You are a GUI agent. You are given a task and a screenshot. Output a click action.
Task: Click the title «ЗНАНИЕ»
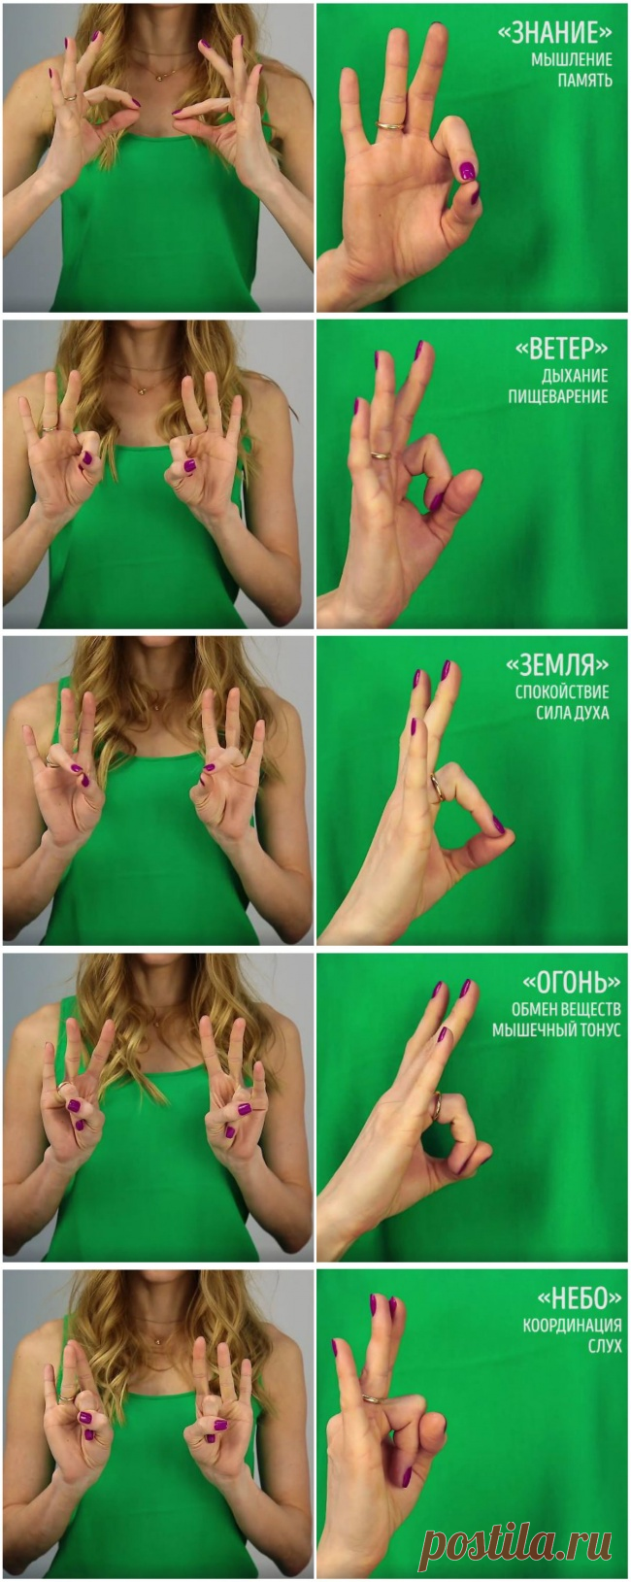point(554,32)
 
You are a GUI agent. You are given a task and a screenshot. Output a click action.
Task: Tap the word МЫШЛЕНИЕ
point(572,60)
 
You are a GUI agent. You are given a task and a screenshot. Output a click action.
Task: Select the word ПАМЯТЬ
point(585,80)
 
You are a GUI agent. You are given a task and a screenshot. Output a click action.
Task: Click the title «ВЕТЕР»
point(561,349)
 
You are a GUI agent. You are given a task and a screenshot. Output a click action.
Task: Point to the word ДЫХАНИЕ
point(575,375)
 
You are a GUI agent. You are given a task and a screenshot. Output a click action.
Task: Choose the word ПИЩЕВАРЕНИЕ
point(558,396)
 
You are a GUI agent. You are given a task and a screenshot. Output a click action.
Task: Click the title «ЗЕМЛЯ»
point(557,664)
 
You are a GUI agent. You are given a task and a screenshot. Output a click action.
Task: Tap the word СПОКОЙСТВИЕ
point(562,691)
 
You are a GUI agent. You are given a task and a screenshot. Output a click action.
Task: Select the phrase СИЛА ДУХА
point(573,712)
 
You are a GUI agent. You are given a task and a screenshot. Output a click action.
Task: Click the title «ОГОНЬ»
point(571,983)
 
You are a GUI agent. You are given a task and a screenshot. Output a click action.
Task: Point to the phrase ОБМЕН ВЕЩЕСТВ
point(566,1009)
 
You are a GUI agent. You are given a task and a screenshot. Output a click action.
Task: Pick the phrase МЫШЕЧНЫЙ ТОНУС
point(556,1029)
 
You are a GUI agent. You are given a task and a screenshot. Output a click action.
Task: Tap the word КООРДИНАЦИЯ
point(573,1326)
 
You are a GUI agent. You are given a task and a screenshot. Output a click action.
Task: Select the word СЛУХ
point(605,1346)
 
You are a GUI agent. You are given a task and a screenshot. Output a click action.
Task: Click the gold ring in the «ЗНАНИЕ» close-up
point(390,126)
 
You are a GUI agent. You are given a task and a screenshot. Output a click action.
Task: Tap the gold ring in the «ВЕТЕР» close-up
point(382,455)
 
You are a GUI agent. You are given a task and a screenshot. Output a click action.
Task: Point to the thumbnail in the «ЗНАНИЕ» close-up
point(467,170)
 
